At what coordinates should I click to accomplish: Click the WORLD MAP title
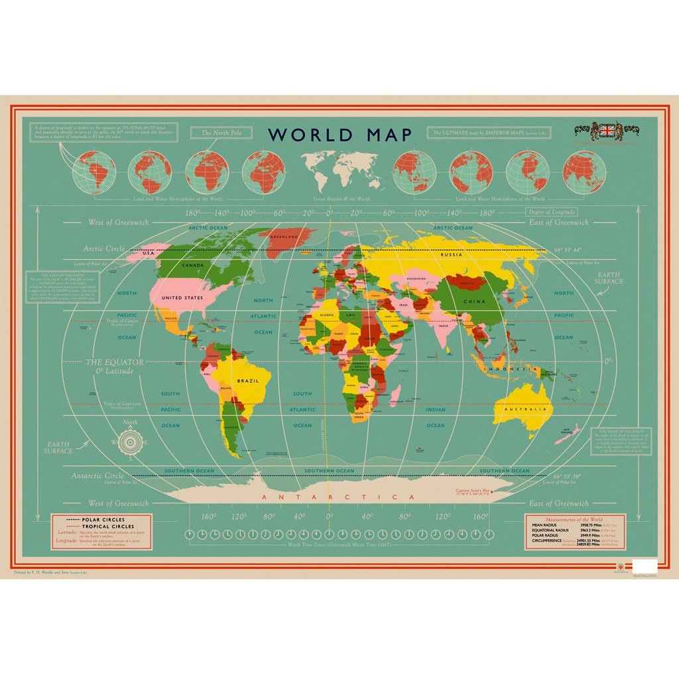[x=339, y=135]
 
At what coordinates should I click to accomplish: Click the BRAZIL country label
[x=248, y=381]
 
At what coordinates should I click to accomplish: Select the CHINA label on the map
[x=474, y=302]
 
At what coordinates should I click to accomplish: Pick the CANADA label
[x=192, y=266]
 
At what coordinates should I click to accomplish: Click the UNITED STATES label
[x=183, y=298]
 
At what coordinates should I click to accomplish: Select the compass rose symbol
[x=130, y=442]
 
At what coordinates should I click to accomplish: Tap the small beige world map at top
[x=341, y=168]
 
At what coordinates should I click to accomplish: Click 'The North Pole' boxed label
[x=221, y=133]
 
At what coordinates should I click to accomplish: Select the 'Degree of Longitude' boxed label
[x=551, y=212]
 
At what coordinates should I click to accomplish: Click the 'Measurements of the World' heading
[x=575, y=519]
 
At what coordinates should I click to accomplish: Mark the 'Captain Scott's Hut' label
[x=471, y=491]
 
